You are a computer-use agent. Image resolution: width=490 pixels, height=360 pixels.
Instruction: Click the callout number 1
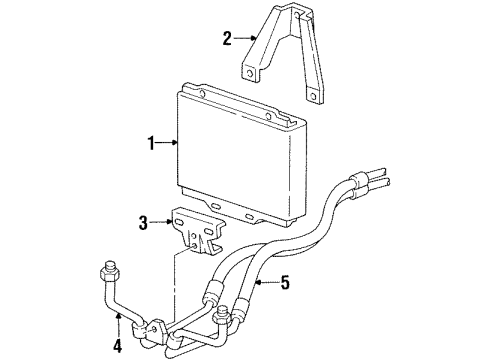tap(152, 143)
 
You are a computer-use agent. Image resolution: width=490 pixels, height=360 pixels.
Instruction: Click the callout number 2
tap(227, 39)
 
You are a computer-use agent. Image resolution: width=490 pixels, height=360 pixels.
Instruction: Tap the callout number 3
tap(143, 223)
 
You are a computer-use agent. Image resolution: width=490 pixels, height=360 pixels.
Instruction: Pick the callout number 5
tap(286, 282)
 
